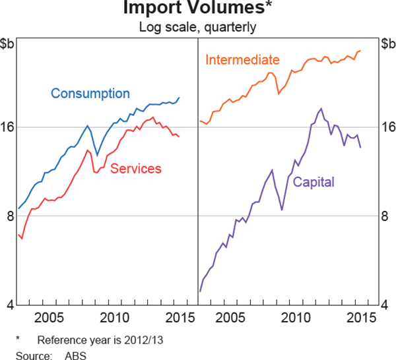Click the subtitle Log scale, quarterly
click(x=197, y=28)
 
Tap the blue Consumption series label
click(x=90, y=94)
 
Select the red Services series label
click(x=136, y=169)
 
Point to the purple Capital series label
click(x=313, y=182)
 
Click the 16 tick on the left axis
click(x=8, y=127)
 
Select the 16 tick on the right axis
click(x=388, y=127)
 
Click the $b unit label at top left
click(x=9, y=44)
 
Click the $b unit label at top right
click(x=387, y=44)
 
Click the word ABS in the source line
click(x=75, y=353)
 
